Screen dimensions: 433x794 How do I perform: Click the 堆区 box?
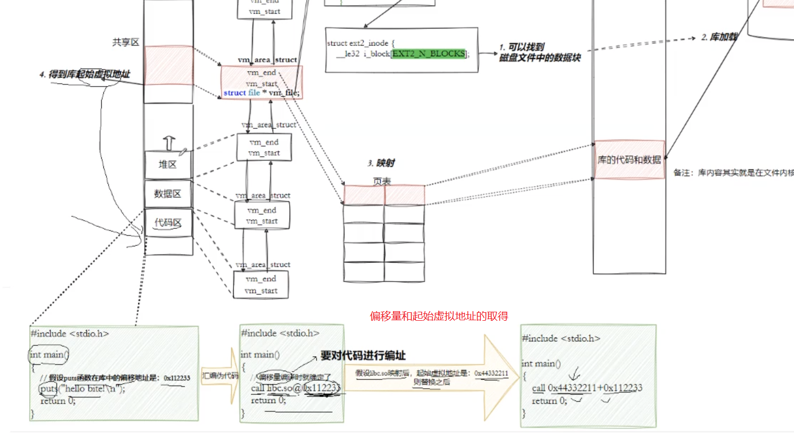[x=168, y=165]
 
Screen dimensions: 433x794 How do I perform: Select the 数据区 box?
[x=168, y=194]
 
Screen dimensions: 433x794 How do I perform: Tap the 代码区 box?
[x=168, y=223]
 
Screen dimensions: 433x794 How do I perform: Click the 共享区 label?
[x=126, y=42]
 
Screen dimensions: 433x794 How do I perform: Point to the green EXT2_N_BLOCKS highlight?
[x=429, y=54]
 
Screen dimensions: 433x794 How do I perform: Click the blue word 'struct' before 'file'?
[x=234, y=93]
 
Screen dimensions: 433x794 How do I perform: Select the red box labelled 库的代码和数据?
[x=629, y=160]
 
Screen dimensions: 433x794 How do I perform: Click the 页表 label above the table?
[x=382, y=181]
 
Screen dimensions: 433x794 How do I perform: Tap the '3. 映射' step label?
[x=381, y=163]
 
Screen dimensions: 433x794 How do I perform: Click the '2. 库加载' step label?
[x=719, y=37]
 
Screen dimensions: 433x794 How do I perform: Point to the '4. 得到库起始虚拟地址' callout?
[x=85, y=74]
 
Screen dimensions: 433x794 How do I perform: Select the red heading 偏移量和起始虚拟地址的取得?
[x=439, y=316]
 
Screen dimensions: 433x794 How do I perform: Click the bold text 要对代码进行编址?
[x=363, y=355]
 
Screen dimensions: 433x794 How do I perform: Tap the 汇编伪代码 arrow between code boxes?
[x=220, y=376]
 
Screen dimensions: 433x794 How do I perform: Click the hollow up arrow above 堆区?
[x=169, y=143]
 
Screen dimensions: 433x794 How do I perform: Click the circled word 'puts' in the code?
[x=48, y=389]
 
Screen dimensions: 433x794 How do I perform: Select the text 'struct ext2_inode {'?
[x=361, y=43]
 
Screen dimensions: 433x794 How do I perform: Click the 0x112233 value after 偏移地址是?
[x=177, y=378]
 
